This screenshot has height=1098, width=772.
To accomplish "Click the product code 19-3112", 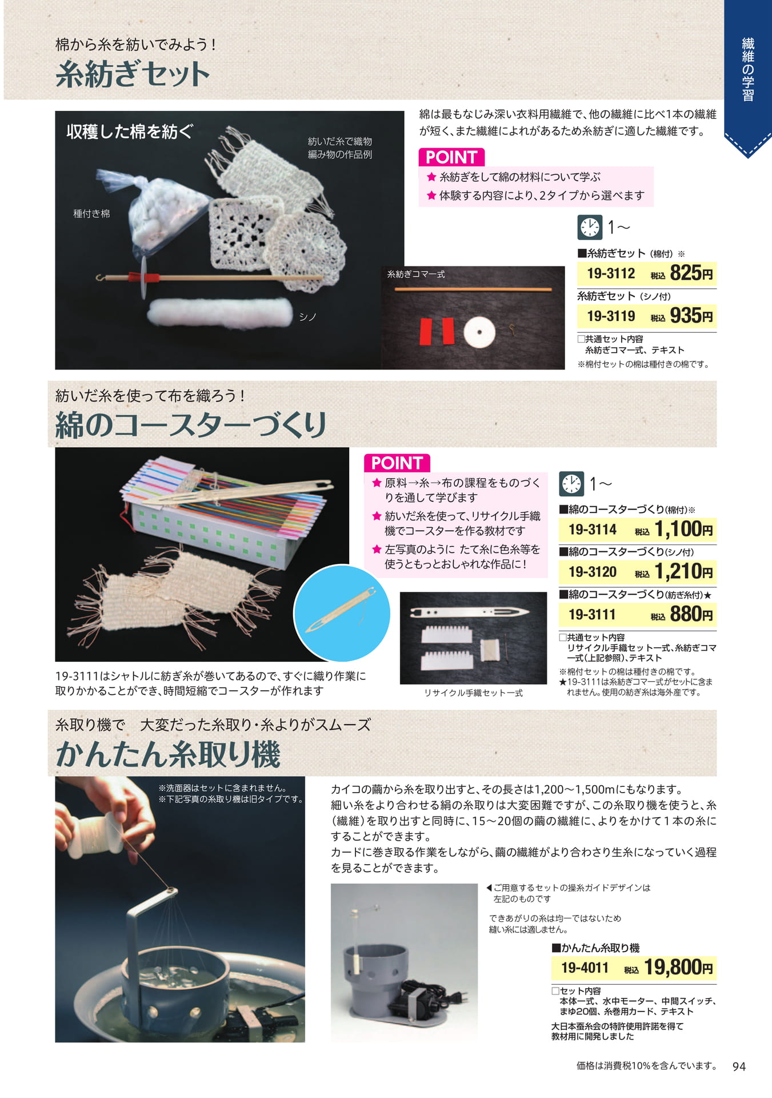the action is (x=611, y=273).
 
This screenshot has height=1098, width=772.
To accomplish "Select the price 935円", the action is (x=691, y=315).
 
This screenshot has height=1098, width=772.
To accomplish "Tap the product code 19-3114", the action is (x=593, y=530).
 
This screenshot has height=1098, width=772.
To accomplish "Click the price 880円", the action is (x=691, y=614).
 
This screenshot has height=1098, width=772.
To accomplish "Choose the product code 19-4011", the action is (x=585, y=968).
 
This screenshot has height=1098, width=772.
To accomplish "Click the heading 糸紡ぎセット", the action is (x=133, y=75).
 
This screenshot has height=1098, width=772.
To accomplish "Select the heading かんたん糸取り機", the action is (x=168, y=754).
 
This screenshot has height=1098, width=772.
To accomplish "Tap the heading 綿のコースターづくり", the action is (x=191, y=425).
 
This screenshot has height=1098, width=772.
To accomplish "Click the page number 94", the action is (x=739, y=1067).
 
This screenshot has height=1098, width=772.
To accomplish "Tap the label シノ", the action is (x=308, y=317).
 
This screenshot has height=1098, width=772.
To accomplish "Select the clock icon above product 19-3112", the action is (x=590, y=227).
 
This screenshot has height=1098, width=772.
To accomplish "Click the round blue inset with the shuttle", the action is (x=342, y=613).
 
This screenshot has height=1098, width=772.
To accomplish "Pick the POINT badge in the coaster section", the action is (x=397, y=463).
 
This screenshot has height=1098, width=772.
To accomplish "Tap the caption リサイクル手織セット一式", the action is (x=473, y=693).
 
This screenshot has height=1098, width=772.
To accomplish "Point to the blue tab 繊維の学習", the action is (x=748, y=69).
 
